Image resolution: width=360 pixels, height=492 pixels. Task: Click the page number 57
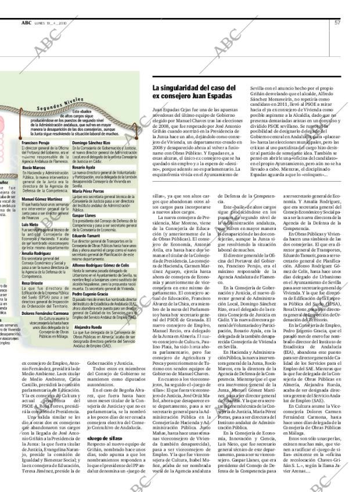coord(337,23)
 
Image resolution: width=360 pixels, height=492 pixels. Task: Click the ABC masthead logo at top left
coord(26,23)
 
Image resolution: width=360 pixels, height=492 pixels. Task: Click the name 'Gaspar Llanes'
coord(84,216)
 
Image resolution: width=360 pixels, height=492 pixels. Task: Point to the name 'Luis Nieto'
coord(30,224)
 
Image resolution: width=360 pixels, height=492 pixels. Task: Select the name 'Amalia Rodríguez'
coord(36,253)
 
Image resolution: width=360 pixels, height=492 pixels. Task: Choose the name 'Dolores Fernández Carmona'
coord(45,313)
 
